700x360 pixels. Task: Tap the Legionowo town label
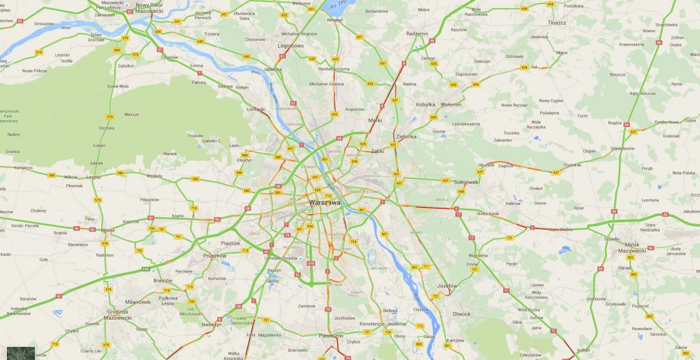pyautogui.click(x=289, y=46)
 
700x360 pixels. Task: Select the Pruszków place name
pyautogui.click(x=215, y=255)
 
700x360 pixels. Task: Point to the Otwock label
pyautogui.click(x=461, y=314)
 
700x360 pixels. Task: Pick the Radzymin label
pyautogui.click(x=417, y=33)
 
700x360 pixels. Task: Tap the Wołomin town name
pyautogui.click(x=450, y=105)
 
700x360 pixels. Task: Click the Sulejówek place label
pyautogui.click(x=467, y=182)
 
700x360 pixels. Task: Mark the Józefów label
pyautogui.click(x=446, y=286)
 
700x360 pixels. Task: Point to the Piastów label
pyautogui.click(x=230, y=243)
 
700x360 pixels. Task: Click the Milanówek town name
pyautogui.click(x=137, y=302)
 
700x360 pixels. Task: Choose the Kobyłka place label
pyautogui.click(x=426, y=105)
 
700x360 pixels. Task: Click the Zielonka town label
pyautogui.click(x=405, y=136)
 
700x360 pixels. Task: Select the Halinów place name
pyautogui.click(x=513, y=203)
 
